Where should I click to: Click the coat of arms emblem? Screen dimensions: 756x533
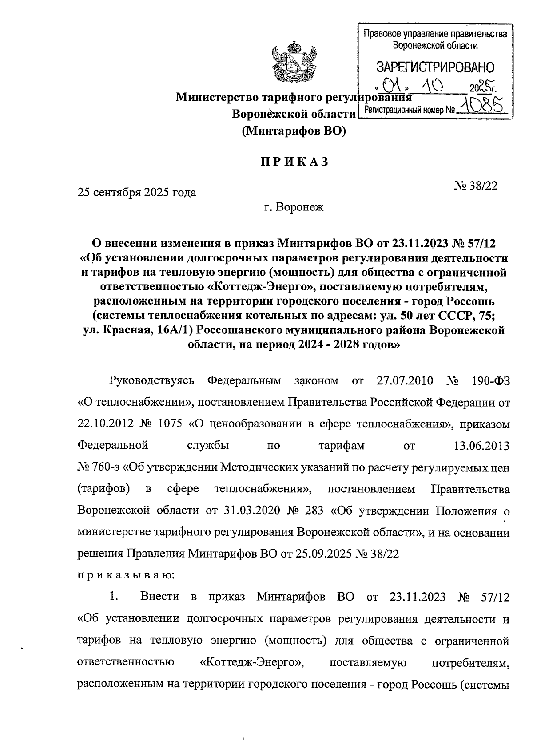pyautogui.click(x=294, y=63)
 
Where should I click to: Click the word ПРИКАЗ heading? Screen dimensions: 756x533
pyautogui.click(x=294, y=162)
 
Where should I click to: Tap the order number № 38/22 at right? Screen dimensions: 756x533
pyautogui.click(x=476, y=186)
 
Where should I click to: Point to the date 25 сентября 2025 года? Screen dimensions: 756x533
pyautogui.click(x=137, y=193)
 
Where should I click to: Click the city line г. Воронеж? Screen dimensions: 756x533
pyautogui.click(x=293, y=207)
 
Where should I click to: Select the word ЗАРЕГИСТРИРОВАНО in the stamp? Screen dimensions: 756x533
pyautogui.click(x=435, y=67)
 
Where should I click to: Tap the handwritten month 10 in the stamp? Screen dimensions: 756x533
pyautogui.click(x=434, y=84)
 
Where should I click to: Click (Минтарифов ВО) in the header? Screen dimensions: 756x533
pyautogui.click(x=294, y=131)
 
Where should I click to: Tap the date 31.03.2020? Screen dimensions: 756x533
pyautogui.click(x=249, y=511)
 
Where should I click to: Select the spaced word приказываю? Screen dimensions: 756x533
pyautogui.click(x=126, y=576)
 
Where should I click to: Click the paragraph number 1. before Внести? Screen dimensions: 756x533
pyautogui.click(x=114, y=597)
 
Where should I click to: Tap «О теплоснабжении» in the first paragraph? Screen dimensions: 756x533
pyautogui.click(x=134, y=403)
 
